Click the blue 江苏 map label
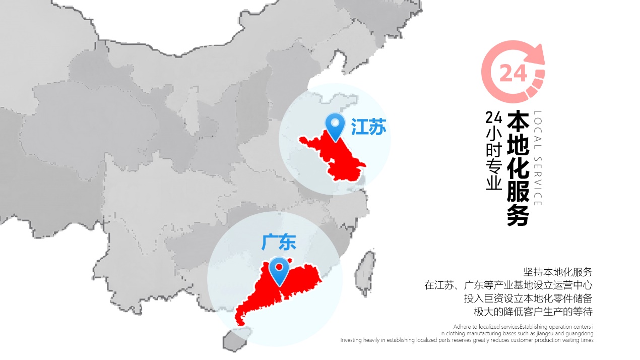click(369, 128)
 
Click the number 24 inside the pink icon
click(513, 74)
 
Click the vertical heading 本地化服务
click(518, 168)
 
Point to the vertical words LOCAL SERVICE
click(537, 158)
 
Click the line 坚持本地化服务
click(558, 272)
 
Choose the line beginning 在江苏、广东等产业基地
click(508, 285)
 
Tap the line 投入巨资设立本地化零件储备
click(528, 298)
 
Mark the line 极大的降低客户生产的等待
click(533, 312)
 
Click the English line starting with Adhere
click(523, 327)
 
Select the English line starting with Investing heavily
click(467, 340)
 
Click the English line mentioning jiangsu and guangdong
click(517, 333)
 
